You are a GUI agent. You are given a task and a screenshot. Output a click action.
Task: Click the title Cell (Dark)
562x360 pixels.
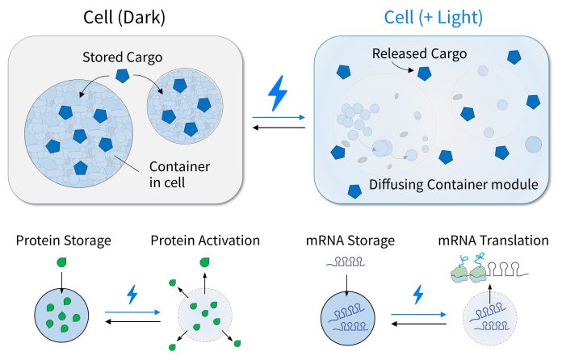tap(124, 17)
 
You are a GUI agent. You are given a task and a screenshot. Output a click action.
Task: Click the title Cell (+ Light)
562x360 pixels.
tap(434, 17)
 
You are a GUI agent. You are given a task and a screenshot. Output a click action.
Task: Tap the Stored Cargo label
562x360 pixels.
tap(122, 57)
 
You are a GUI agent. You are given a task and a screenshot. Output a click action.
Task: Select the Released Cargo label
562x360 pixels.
tap(419, 54)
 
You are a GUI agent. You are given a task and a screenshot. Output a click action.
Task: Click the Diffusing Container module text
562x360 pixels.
tap(454, 185)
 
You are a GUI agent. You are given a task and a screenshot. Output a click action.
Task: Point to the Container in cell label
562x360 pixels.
tap(179, 174)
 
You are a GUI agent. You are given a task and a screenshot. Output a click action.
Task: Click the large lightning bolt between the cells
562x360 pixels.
tap(278, 93)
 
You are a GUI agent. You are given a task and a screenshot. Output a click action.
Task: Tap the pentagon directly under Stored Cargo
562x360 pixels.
tap(123, 76)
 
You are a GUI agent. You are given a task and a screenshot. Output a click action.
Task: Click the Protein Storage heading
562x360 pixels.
tap(64, 241)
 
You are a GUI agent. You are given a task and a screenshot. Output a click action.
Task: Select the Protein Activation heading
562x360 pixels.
tap(205, 241)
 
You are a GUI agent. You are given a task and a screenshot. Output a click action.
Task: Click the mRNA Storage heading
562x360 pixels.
tap(350, 241)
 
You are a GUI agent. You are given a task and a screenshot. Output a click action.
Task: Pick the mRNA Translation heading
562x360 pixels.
tap(493, 241)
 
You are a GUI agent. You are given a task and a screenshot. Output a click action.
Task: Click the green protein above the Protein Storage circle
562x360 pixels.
tap(62, 262)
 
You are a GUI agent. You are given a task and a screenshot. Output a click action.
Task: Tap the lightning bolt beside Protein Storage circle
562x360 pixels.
tap(132, 295)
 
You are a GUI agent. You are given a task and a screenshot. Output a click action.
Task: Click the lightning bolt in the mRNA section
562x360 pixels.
tap(418, 295)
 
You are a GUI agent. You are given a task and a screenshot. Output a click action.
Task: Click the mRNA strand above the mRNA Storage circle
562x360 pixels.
tap(346, 262)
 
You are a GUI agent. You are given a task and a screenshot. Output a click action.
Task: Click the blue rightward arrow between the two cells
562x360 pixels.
tap(279, 117)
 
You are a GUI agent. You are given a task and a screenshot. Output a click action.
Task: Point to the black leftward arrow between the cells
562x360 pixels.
tap(279, 128)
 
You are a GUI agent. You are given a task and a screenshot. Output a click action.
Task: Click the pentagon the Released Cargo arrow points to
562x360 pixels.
tap(424, 73)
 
